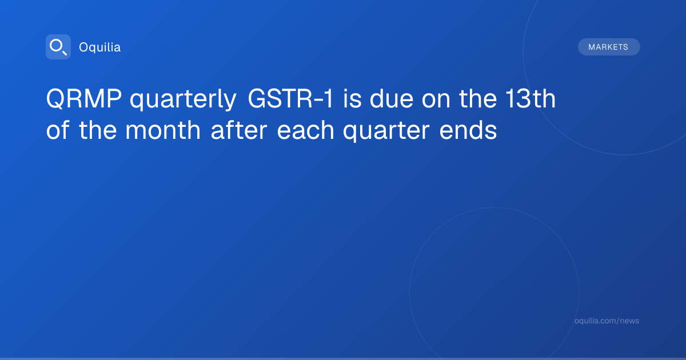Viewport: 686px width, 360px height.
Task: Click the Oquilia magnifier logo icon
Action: coord(58,47)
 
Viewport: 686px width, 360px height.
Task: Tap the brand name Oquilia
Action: coord(100,47)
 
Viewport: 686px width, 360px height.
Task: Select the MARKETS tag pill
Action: coord(609,47)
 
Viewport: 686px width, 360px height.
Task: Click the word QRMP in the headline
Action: coord(83,98)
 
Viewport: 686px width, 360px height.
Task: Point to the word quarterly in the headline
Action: coord(183,100)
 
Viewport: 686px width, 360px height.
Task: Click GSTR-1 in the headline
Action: coord(290,98)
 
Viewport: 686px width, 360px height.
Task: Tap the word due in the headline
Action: coord(392,98)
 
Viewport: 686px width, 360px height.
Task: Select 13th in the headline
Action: coord(531,98)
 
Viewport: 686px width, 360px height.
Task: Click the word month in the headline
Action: coord(163,130)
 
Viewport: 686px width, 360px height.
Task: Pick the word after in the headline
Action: coord(239,130)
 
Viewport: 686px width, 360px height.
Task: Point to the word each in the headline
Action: coord(305,130)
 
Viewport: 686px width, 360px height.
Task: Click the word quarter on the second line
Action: coord(386,131)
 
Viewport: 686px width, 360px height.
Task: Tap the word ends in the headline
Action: coord(468,130)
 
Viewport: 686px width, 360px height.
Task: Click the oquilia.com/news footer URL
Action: coord(607,321)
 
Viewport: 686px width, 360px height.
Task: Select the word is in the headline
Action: coord(352,98)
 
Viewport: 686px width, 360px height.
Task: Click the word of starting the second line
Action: coord(58,130)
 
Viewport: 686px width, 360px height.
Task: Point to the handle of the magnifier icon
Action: coord(65,53)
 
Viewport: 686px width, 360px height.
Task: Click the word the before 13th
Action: coord(478,98)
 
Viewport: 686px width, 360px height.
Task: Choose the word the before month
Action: coord(98,130)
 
